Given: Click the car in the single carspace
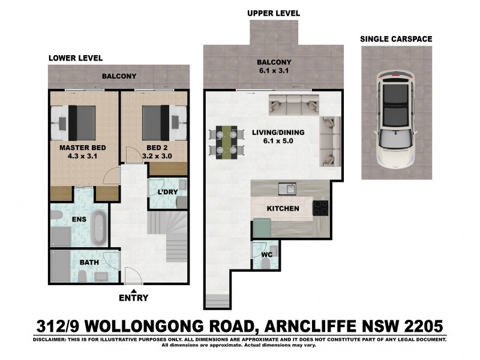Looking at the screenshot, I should tap(395, 119).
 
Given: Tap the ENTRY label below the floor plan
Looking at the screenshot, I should tap(133, 298).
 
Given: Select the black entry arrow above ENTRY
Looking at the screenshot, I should tap(133, 289).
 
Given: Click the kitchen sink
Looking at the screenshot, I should tap(290, 189).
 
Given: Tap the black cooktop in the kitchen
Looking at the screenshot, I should tap(320, 208).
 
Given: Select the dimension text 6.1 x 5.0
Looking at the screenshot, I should tap(278, 142).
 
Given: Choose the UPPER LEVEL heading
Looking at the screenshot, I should tap(273, 13).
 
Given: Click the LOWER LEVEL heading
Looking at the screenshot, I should tap(76, 58).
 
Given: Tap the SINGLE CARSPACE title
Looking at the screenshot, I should tap(395, 39).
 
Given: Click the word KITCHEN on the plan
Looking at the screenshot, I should tap(283, 209).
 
